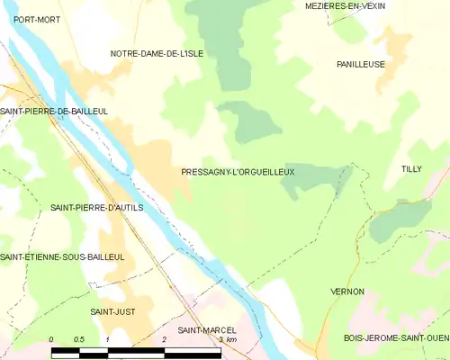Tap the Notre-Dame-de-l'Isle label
[x=157, y=54]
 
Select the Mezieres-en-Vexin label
[x=346, y=5]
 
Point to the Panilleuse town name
[x=361, y=65]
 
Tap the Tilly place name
[x=411, y=169]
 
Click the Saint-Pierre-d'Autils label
[x=97, y=207]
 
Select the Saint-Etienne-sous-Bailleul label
[x=62, y=256]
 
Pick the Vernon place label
[x=347, y=292]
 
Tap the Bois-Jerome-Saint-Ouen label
[x=396, y=338]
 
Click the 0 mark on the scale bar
[x=52, y=339]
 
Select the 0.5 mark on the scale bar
[x=79, y=339]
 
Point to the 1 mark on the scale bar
[x=108, y=339]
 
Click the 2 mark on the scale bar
[x=165, y=339]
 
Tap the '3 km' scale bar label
[x=226, y=339]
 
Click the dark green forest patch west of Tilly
[x=310, y=180]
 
